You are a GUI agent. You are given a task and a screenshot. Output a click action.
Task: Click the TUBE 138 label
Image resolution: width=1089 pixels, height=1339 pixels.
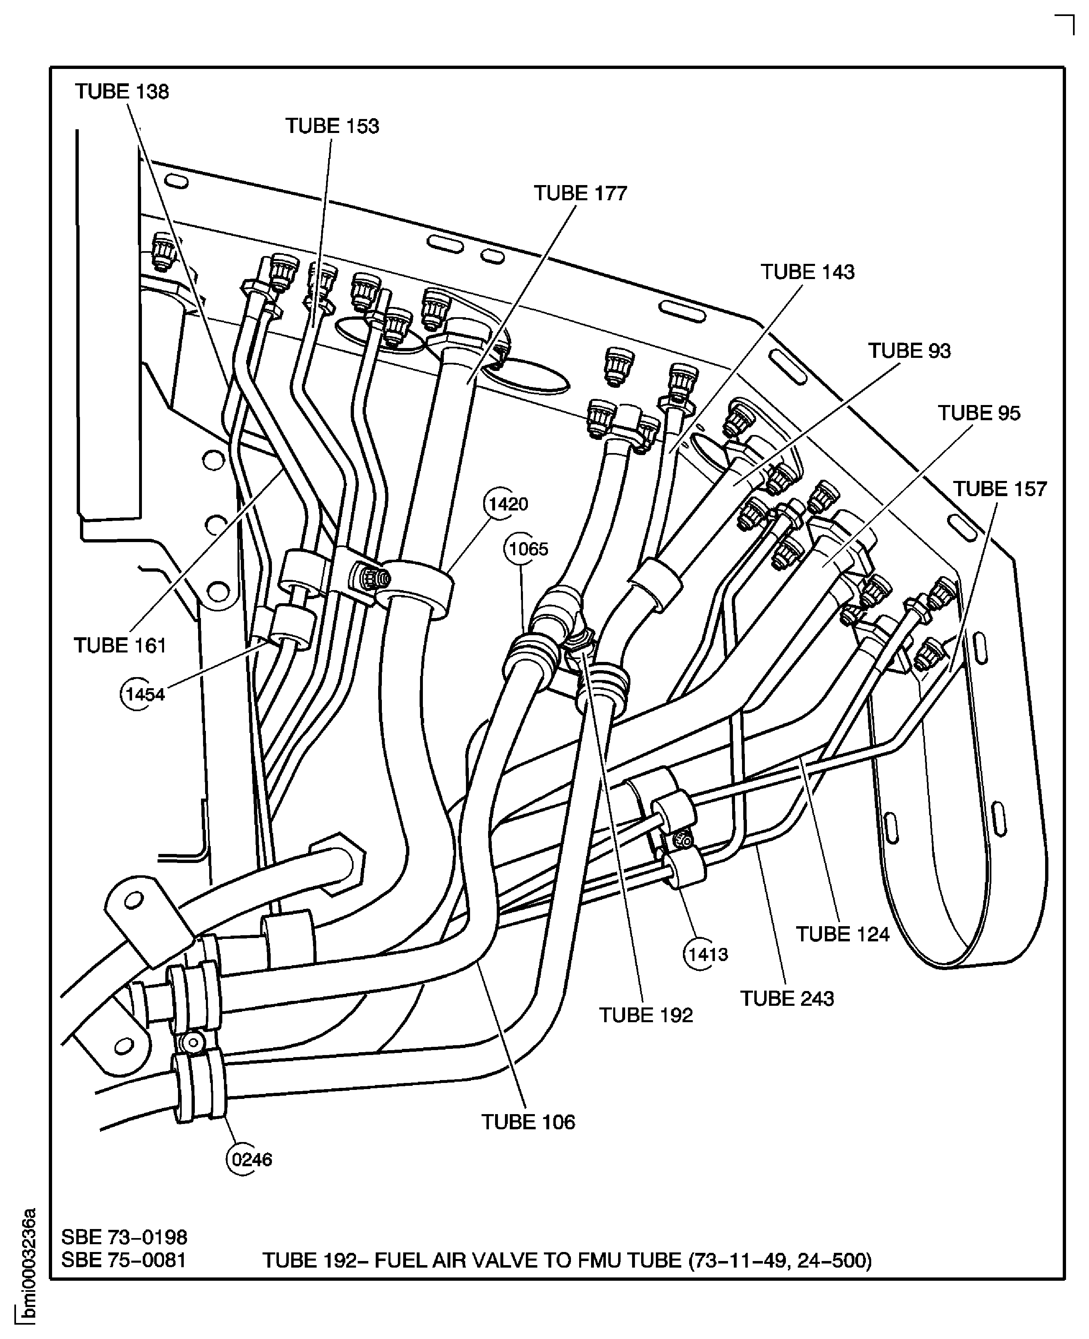[122, 92]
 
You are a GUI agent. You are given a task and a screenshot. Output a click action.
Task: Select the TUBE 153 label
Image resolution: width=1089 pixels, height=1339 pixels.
[333, 126]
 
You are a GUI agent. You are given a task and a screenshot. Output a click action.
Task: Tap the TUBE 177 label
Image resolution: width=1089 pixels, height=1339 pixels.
[580, 193]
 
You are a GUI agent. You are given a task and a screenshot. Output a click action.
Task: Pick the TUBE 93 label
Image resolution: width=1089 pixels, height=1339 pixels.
[909, 351]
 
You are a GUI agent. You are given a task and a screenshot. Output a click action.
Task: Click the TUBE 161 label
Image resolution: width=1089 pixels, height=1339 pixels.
[120, 645]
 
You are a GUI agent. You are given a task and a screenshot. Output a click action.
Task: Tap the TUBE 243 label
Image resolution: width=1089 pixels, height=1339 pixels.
[787, 998]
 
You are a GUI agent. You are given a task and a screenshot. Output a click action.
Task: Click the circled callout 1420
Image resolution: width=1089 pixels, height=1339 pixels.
[507, 504]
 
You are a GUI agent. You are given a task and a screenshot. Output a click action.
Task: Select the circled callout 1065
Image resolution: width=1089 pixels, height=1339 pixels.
[528, 549]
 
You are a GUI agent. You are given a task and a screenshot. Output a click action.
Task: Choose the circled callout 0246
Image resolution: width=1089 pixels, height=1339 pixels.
[251, 1160]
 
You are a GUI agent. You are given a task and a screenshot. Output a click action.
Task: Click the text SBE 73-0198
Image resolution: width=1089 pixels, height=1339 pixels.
[124, 1237]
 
